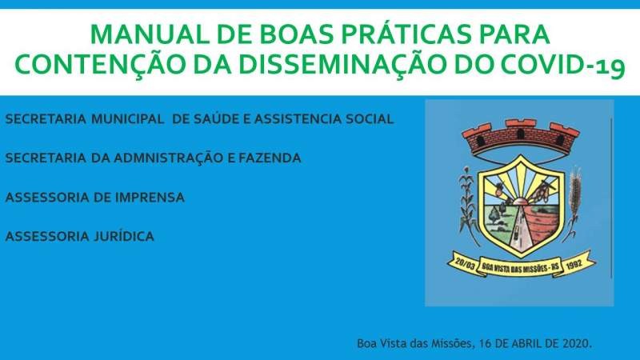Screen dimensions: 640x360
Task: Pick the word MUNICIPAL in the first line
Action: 128,118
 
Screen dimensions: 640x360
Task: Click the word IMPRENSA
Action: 150,198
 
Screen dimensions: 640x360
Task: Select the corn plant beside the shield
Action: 468,204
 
